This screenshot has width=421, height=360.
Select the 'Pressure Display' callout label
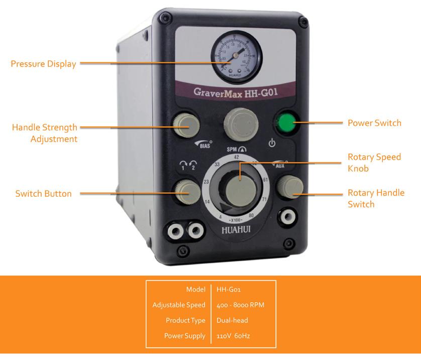[44, 64]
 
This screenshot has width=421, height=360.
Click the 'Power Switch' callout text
[374, 123]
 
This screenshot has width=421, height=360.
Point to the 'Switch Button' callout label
[43, 193]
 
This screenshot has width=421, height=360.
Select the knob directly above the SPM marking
[235, 122]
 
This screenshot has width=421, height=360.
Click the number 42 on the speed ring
[235, 157]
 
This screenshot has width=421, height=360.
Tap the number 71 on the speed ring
[265, 199]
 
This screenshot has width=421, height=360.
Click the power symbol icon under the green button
[272, 143]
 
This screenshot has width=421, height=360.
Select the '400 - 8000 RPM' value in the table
[240, 305]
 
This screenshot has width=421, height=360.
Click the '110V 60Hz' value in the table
[233, 335]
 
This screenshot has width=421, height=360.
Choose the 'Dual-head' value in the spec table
[232, 320]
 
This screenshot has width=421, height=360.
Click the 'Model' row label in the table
[195, 289]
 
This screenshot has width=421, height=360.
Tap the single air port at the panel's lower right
[287, 217]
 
